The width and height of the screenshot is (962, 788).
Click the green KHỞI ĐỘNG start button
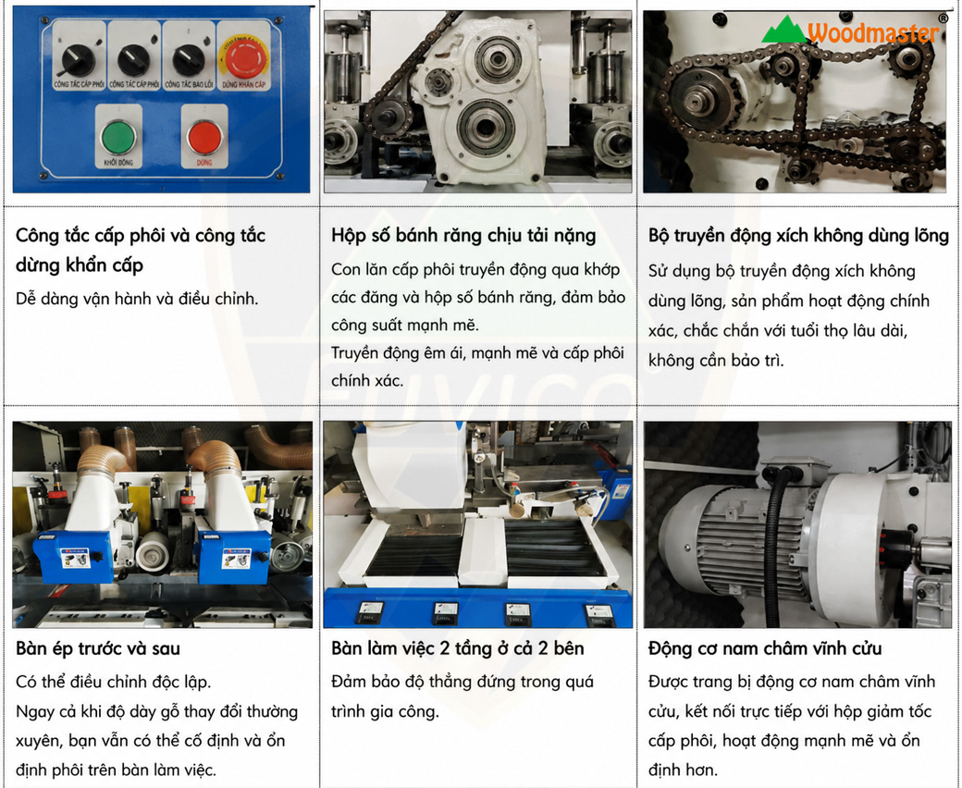point(118,138)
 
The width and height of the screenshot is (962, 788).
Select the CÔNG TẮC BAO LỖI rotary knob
point(189,59)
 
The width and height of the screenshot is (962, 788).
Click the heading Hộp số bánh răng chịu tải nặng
point(463,236)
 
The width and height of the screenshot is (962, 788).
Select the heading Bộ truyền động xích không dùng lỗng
point(798,236)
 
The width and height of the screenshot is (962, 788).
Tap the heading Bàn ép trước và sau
point(98,648)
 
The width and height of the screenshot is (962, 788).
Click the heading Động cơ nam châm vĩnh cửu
point(765,648)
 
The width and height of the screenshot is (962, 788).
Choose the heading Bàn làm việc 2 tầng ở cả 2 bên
point(458,648)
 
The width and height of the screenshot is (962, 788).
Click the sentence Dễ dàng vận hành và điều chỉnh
point(138,299)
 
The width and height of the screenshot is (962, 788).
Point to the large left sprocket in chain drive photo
point(700,101)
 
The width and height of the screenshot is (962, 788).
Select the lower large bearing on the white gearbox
point(485,127)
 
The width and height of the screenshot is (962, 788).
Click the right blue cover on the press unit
point(235,556)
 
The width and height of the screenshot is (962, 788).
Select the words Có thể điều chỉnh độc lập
point(114,682)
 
